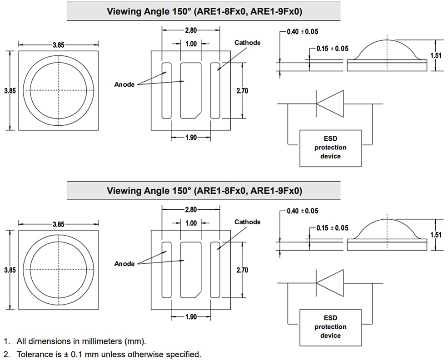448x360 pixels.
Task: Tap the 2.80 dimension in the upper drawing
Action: [191, 31]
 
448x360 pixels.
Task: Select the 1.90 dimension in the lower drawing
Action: [191, 317]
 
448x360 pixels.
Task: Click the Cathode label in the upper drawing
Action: [247, 43]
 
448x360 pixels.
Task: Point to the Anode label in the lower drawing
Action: [124, 264]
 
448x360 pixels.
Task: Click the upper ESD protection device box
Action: [330, 148]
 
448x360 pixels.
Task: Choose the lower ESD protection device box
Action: [330, 327]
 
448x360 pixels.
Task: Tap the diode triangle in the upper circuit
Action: [330, 104]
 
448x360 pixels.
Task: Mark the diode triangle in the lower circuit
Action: [330, 283]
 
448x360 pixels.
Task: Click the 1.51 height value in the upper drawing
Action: [436, 56]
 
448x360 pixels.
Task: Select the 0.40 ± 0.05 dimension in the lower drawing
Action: [303, 211]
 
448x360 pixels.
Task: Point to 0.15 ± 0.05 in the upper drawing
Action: [333, 49]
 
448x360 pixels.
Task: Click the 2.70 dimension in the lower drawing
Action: [243, 270]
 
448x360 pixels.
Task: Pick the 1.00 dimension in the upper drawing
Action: [191, 44]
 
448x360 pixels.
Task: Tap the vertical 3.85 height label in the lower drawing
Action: [10, 270]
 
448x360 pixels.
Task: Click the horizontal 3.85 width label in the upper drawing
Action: [58, 44]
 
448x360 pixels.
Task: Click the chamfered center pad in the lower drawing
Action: [190, 270]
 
